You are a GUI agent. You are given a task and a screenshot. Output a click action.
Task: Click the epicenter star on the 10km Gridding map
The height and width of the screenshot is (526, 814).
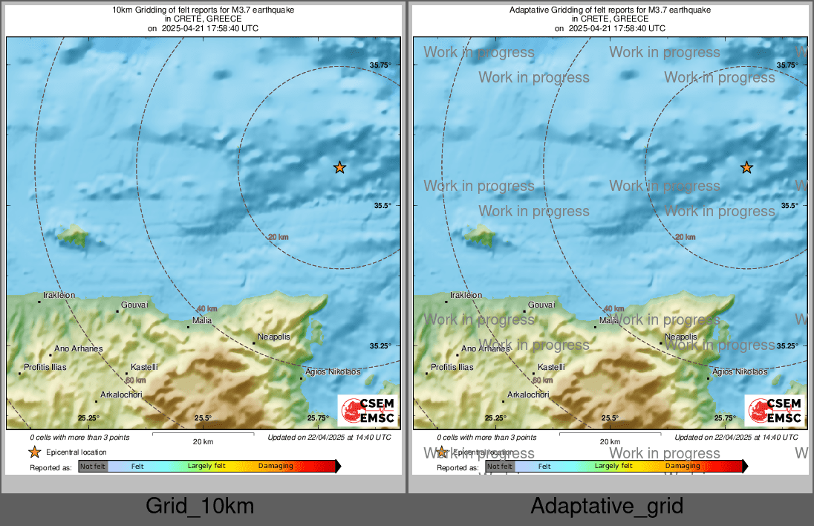[x=339, y=168]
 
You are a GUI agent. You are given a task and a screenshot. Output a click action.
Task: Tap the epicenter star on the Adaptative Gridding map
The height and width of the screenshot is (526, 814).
[x=746, y=168]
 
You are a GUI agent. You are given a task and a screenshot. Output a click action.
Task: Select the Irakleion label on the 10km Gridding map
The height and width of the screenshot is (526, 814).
[x=59, y=295]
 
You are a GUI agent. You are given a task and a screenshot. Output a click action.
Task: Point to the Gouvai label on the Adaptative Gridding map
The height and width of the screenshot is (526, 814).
[x=541, y=305]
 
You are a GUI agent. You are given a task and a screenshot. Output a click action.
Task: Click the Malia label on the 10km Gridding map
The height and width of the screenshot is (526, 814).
[x=202, y=320]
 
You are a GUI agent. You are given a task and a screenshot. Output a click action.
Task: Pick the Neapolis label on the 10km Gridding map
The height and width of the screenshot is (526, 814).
[x=273, y=337]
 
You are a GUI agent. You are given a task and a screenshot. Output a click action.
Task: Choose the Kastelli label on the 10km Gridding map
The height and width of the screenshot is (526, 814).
[x=144, y=367]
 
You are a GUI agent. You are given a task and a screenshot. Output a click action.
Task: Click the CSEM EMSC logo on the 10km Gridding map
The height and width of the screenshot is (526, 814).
[x=368, y=411]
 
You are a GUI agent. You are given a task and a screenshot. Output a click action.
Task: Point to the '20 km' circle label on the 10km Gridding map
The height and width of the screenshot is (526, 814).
[x=279, y=237]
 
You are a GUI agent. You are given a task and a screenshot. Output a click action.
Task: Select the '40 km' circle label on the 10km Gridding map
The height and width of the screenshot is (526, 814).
[x=206, y=308]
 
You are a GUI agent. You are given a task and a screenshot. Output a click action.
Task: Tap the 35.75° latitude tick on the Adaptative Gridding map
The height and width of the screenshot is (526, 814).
[x=787, y=65]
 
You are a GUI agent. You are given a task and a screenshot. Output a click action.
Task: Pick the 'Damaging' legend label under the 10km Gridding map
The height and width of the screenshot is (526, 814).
[x=276, y=466]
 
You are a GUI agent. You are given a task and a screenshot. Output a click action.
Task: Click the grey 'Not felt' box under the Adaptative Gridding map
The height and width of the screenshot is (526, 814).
[x=500, y=467]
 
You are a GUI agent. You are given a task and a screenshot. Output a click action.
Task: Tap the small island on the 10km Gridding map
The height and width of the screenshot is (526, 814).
[x=74, y=236]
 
